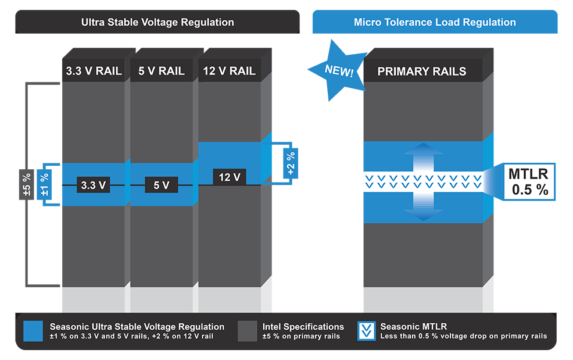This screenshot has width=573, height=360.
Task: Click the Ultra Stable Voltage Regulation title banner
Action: [x=157, y=22]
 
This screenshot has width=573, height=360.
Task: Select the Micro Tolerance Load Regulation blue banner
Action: [x=435, y=22]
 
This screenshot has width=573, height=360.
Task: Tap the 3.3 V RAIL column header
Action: [x=94, y=70]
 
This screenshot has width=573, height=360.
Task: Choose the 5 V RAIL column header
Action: [x=162, y=70]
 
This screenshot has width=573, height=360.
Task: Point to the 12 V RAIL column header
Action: [x=230, y=70]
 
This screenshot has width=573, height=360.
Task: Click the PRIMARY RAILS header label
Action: [x=422, y=72]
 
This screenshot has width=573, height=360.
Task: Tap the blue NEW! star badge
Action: [x=337, y=70]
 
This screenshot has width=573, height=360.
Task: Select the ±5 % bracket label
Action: [x=27, y=185]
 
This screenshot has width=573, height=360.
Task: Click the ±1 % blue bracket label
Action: [x=44, y=185]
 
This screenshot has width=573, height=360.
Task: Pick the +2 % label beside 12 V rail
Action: [x=291, y=163]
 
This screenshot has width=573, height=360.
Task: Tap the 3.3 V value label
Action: [x=93, y=185]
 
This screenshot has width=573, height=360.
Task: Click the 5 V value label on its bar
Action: [x=161, y=185]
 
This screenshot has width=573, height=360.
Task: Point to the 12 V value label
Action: [x=230, y=177]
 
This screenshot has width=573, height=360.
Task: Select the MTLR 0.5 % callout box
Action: [x=529, y=182]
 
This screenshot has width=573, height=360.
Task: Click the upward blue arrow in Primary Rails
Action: [x=423, y=156]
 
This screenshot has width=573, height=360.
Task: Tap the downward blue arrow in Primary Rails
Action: [x=423, y=206]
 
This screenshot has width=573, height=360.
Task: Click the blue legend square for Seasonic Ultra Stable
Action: [x=33, y=332]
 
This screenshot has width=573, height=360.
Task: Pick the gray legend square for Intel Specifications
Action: [x=248, y=332]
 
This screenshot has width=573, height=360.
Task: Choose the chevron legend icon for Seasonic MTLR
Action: [x=367, y=331]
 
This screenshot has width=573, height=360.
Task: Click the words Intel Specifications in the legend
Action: [x=303, y=327]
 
